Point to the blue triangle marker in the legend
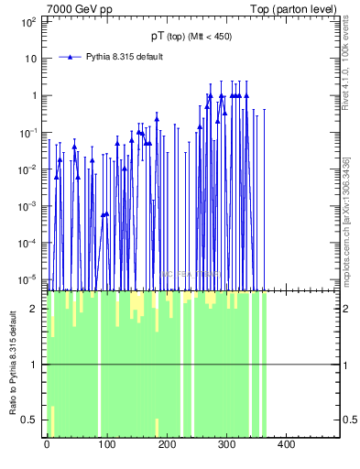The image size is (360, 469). point(70,57)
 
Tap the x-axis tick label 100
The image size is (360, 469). point(106,445)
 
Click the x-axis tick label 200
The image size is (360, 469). point(166,445)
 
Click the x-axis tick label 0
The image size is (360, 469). point(47,445)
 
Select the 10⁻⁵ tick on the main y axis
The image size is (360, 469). point(30,279)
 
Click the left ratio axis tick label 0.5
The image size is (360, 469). point(34,420)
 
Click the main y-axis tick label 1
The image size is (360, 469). point(37,95)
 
